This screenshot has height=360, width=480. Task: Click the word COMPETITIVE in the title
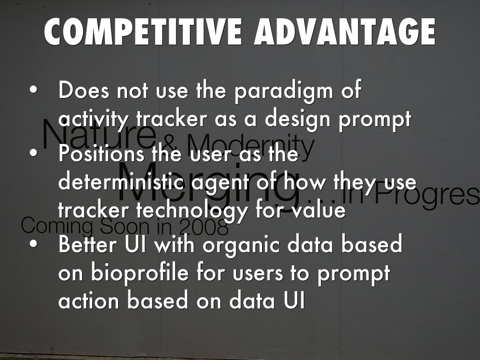pyautogui.click(x=143, y=31)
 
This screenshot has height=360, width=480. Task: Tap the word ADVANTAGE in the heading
pyautogui.click(x=345, y=31)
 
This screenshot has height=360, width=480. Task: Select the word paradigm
pyautogui.click(x=284, y=91)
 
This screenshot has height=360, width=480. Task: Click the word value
pyautogui.click(x=318, y=210)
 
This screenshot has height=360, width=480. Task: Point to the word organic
pyautogui.click(x=241, y=246)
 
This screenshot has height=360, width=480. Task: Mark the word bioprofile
pyautogui.click(x=139, y=273)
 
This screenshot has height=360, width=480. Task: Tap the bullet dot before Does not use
pyautogui.click(x=34, y=90)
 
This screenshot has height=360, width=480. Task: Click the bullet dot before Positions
pyautogui.click(x=34, y=153)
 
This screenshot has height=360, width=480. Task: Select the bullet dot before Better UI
pyautogui.click(x=34, y=244)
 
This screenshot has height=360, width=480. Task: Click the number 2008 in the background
pyautogui.click(x=204, y=227)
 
